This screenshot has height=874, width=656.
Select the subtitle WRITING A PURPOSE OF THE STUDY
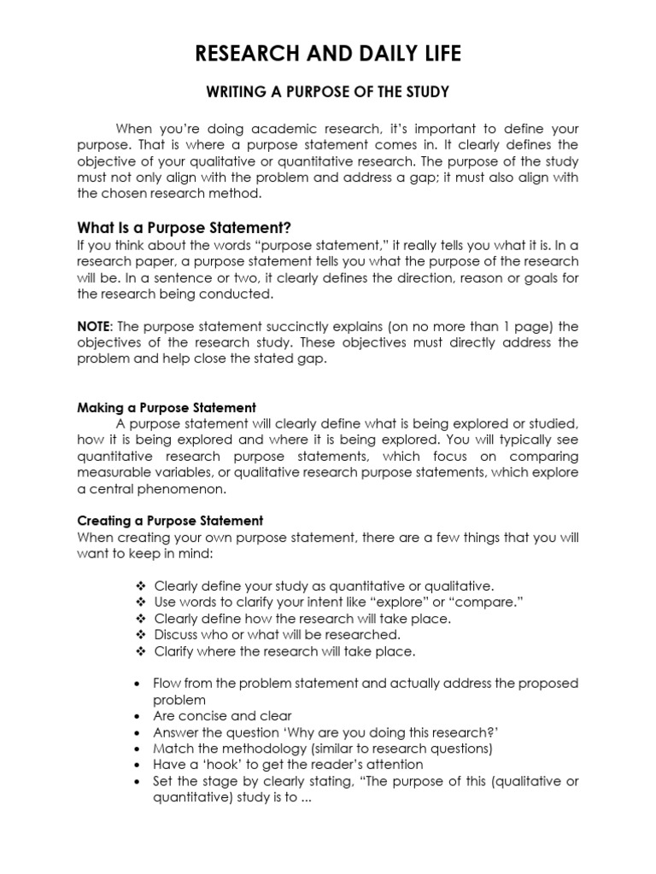point(327,92)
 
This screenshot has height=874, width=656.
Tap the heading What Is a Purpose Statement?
point(184,228)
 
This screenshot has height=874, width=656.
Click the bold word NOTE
point(93,327)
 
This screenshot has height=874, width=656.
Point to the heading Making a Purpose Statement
point(167,407)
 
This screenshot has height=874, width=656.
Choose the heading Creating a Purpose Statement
point(170,520)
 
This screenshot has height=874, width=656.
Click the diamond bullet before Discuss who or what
point(141,634)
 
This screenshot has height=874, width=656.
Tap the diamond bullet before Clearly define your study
point(141,586)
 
